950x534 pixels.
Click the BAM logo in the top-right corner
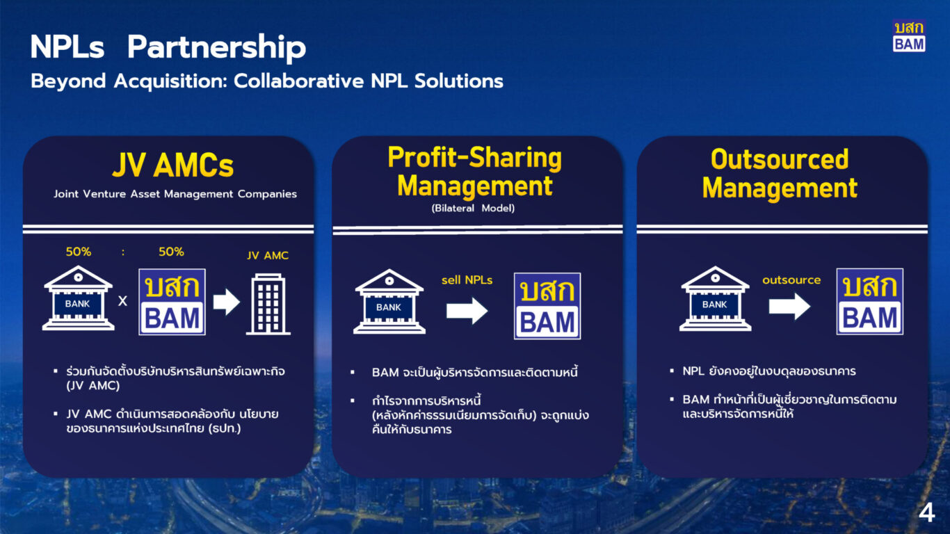[909, 36]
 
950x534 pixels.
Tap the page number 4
[926, 513]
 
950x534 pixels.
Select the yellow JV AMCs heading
[173, 165]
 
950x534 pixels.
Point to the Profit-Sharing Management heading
[475, 171]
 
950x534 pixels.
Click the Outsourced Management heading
[780, 173]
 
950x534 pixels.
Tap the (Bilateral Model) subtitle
[473, 209]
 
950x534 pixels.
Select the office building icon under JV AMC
[268, 304]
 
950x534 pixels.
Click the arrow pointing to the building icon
[227, 302]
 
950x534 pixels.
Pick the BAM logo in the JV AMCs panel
[172, 302]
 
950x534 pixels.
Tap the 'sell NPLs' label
[467, 280]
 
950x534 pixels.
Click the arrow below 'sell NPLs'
[467, 311]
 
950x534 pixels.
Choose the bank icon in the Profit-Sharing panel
[389, 301]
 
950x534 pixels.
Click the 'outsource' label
[791, 280]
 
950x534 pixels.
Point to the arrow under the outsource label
[789, 306]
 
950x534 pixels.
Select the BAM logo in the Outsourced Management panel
[870, 302]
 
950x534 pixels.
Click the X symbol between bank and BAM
[122, 301]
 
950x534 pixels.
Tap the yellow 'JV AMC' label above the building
[268, 256]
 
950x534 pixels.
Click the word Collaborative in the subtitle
[299, 81]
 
